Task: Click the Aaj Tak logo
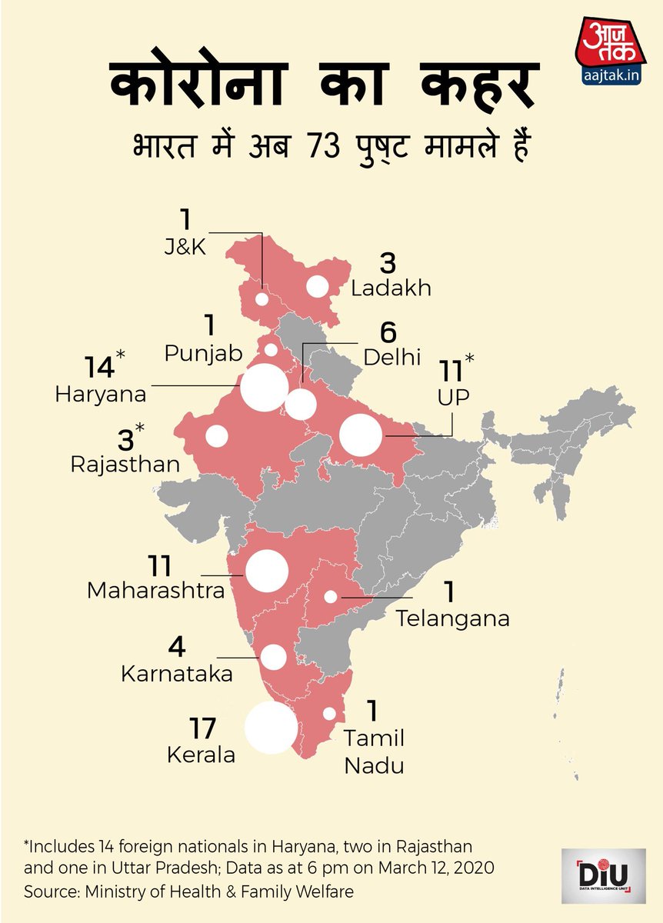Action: tap(605, 57)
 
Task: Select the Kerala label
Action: tap(201, 755)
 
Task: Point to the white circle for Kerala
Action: tap(271, 727)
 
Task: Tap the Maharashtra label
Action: tap(156, 591)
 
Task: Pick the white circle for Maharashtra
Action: tap(266, 571)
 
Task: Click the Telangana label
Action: tap(452, 618)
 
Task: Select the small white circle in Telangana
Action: tap(331, 596)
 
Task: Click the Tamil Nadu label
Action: tap(374, 752)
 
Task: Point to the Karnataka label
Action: tap(177, 674)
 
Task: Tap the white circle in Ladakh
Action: tap(317, 286)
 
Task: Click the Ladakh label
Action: tap(391, 288)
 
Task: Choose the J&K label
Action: tap(184, 248)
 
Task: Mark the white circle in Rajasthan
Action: tap(217, 436)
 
